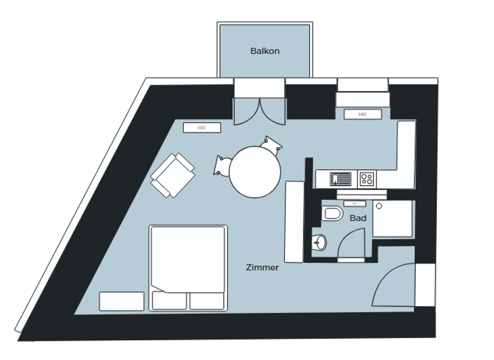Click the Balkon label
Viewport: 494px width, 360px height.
265,51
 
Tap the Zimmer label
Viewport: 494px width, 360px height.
262,267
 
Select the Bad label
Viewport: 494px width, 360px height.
358,218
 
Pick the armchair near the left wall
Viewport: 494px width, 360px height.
172,175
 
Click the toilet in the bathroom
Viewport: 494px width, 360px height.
333,213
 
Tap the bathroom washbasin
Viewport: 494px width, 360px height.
319,242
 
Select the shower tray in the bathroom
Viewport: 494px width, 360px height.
394,219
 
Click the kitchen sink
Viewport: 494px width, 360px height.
340,178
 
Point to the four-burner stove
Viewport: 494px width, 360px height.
367,178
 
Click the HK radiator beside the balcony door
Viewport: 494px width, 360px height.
202,128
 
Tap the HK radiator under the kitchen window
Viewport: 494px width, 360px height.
362,114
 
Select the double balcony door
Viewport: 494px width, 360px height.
259,111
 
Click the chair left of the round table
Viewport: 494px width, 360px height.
222,165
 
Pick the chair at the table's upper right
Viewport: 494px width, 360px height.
273,144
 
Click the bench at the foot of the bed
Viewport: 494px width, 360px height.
122,301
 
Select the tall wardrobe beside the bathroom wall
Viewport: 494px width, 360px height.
294,221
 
